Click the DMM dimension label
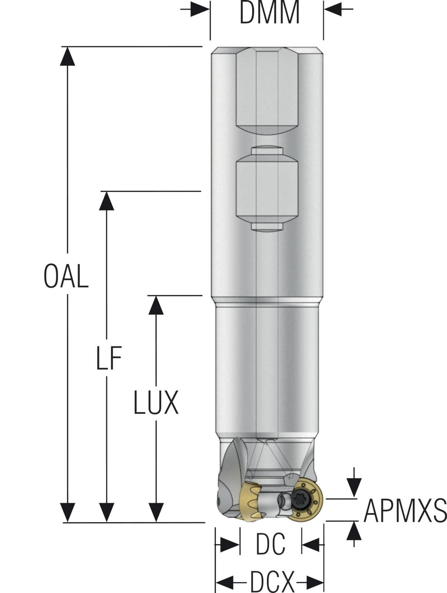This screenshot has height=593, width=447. click(x=269, y=13)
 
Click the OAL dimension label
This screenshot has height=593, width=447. click(x=66, y=276)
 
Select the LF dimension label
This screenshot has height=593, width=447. click(x=109, y=359)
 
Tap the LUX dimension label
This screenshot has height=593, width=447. click(x=156, y=402)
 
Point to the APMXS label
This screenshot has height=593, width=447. click(x=405, y=511)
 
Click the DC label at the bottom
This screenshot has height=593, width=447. click(x=271, y=544)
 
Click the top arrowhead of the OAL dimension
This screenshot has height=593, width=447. click(x=67, y=56)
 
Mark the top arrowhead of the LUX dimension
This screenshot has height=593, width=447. click(x=156, y=305)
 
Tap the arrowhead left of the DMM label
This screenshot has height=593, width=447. click(x=200, y=10)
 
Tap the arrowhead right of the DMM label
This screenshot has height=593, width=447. click(x=333, y=10)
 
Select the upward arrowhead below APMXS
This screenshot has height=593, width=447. click(x=354, y=531)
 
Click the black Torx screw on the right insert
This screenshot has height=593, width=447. click(x=298, y=499)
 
